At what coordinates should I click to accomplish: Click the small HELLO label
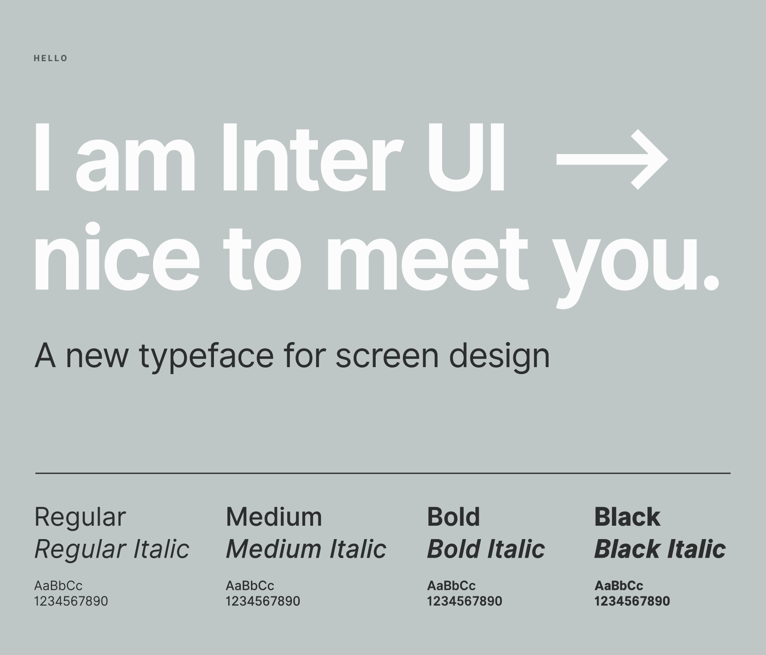pos(50,58)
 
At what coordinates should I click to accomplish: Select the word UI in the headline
pos(465,157)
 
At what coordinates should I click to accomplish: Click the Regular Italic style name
pos(112,549)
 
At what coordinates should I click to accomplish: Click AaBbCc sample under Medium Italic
pos(250,586)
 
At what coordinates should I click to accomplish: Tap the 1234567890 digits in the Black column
pos(632,601)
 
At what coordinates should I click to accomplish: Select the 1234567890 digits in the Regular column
pos(71,601)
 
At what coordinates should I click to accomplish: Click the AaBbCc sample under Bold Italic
pos(451,586)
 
